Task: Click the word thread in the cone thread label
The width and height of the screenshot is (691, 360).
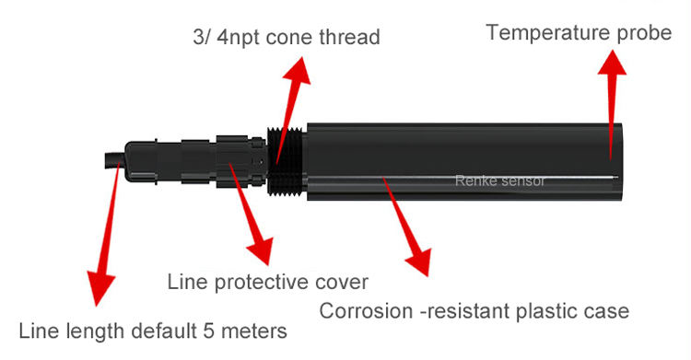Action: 349,37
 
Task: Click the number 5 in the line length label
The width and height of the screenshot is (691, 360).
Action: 208,331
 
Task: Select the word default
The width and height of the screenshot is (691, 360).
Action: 164,331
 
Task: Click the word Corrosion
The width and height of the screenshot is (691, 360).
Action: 366,311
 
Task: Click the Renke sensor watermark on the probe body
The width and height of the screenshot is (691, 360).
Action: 499,180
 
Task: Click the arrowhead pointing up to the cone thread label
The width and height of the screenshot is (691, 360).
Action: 299,70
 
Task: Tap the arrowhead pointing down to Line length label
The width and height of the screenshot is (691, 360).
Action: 100,288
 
